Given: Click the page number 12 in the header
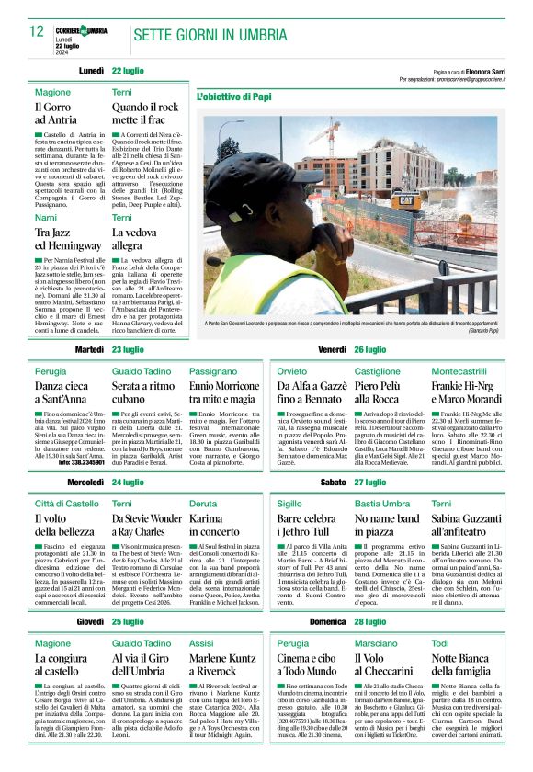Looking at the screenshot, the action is (x=37, y=31).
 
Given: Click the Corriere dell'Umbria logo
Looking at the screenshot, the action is (x=81, y=31).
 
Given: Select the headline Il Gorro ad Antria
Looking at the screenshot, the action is (x=57, y=112).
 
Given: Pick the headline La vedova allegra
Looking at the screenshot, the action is (x=128, y=239).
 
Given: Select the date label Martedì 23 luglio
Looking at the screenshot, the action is (x=110, y=350).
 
